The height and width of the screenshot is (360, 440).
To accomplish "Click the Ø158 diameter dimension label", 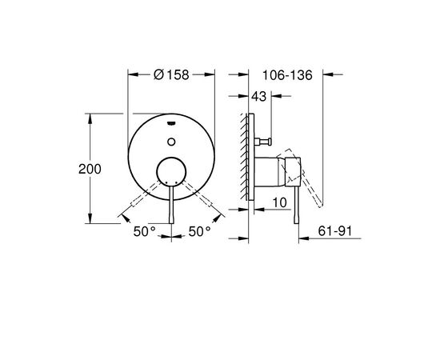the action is (x=171, y=74).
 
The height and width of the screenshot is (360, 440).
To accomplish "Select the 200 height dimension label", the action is (x=90, y=169).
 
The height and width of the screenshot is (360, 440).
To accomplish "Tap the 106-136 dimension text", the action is (x=287, y=75).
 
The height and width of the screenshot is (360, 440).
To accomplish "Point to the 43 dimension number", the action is (x=258, y=97).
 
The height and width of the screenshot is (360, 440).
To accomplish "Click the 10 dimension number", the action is (x=280, y=202).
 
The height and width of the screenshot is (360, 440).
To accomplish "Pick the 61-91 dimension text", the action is (x=334, y=231).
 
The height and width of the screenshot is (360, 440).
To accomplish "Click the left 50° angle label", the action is (x=144, y=231).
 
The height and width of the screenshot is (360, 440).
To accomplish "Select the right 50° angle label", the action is (x=199, y=231).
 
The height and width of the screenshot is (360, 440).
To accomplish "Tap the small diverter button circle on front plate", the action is (x=171, y=142).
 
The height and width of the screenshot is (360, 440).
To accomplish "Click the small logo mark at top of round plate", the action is (x=171, y=123).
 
